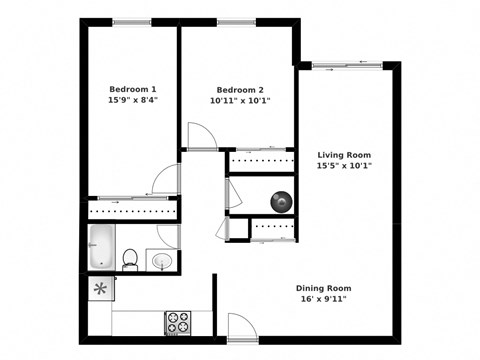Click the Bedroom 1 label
pyautogui.click(x=132, y=87)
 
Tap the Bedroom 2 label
pyautogui.click(x=240, y=87)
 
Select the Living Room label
pyautogui.click(x=345, y=155)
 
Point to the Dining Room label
pyautogui.click(x=323, y=288)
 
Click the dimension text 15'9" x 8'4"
pyautogui.click(x=132, y=100)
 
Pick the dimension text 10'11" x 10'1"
pyautogui.click(x=240, y=100)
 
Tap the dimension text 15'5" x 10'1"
pyautogui.click(x=345, y=167)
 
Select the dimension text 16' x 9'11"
pyautogui.click(x=323, y=300)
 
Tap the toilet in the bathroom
pyautogui.click(x=130, y=260)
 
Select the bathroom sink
pyautogui.click(x=162, y=261)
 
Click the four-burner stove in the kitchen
pyautogui.click(x=178, y=322)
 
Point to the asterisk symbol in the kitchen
pyautogui.click(x=100, y=289)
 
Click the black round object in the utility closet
pyautogui.click(x=281, y=201)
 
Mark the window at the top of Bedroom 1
pyautogui.click(x=132, y=22)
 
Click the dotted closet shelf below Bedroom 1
pyautogui.click(x=133, y=213)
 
